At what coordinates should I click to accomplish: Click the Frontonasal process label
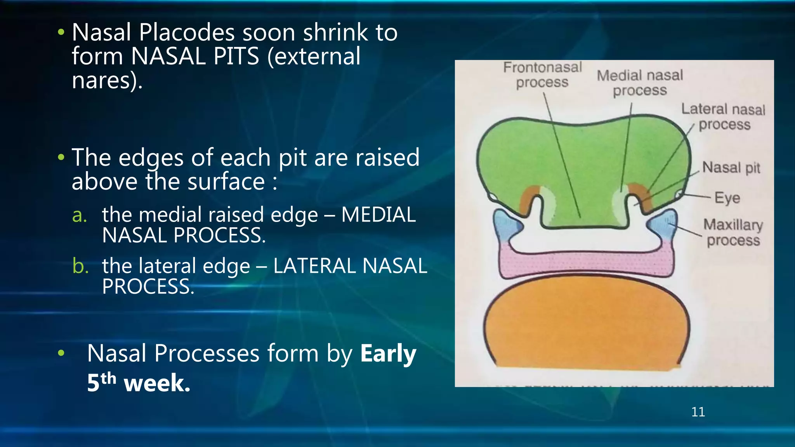click(x=542, y=75)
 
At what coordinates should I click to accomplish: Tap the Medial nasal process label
click(x=640, y=83)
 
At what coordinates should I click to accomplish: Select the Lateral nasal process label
click(x=724, y=117)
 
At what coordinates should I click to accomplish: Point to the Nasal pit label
click(x=731, y=168)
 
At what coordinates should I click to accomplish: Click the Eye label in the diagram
click(x=727, y=198)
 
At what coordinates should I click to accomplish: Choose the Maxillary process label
click(x=733, y=232)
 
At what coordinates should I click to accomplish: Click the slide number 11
click(x=698, y=412)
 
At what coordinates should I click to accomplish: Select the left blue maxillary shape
click(x=505, y=225)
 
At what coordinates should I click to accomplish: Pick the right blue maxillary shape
click(x=665, y=225)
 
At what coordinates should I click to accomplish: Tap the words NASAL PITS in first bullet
click(x=195, y=56)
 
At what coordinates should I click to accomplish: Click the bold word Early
click(x=388, y=353)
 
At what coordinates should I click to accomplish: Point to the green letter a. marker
click(x=80, y=215)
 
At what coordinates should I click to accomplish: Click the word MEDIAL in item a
click(x=378, y=215)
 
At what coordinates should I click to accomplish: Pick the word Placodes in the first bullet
click(x=187, y=32)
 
